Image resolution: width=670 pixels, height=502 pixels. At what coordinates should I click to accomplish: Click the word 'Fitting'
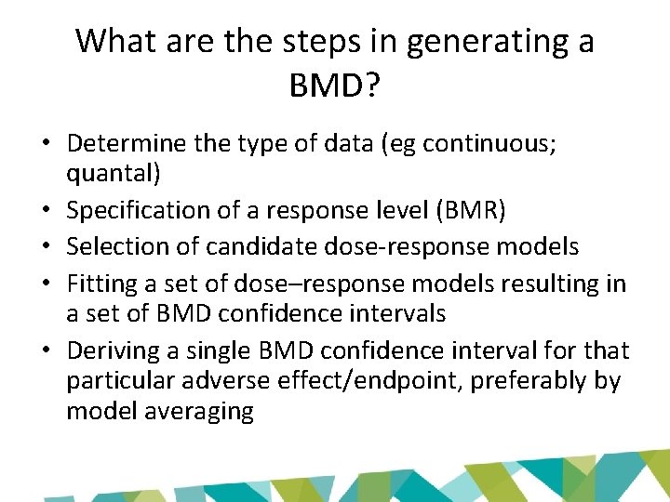coord(101,283)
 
